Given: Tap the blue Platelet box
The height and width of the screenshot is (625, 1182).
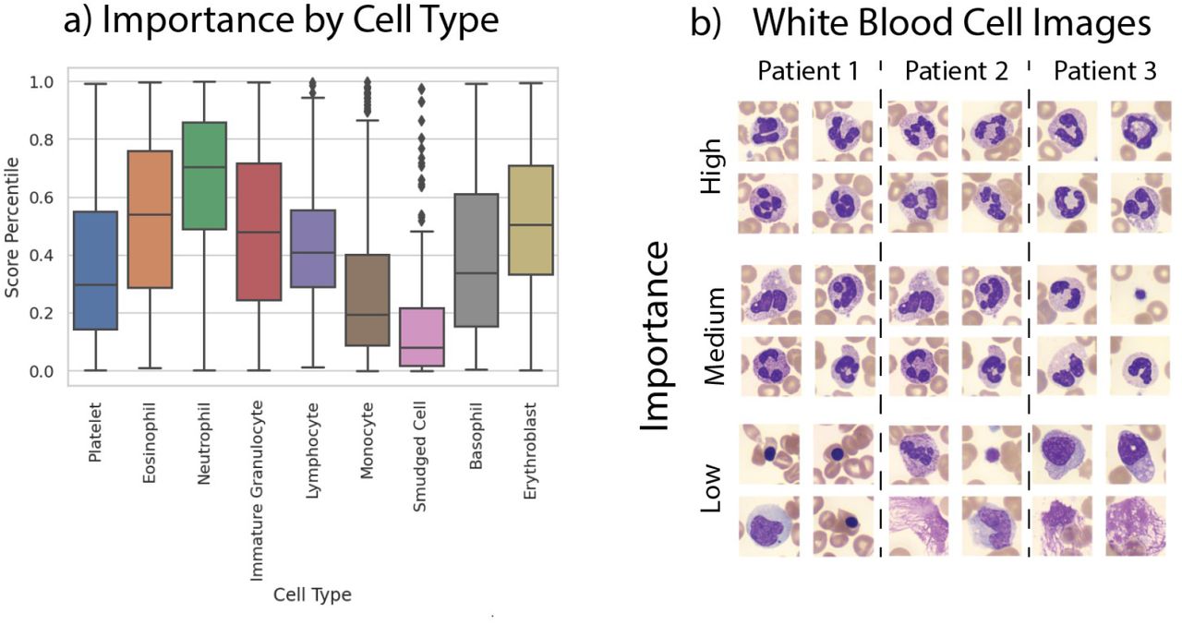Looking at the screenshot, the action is pyautogui.click(x=95, y=270).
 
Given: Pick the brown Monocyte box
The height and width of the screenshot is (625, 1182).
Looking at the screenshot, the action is pyautogui.click(x=368, y=300).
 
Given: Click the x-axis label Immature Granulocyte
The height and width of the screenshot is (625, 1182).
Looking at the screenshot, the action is pyautogui.click(x=257, y=491).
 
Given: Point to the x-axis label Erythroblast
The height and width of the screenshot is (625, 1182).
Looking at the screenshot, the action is pyautogui.click(x=530, y=451).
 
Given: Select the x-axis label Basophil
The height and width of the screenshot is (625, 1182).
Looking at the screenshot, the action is pyautogui.click(x=476, y=436).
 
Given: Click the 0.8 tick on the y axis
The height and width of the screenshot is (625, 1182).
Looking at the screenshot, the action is pyautogui.click(x=42, y=139).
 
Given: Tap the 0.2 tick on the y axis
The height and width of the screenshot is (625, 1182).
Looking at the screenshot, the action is pyautogui.click(x=42, y=313).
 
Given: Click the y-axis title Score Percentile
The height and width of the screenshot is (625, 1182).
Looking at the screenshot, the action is pyautogui.click(x=12, y=227).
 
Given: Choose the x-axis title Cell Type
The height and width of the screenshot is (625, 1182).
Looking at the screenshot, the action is pyautogui.click(x=312, y=595).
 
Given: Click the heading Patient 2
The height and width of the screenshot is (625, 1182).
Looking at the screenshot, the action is pyautogui.click(x=956, y=71).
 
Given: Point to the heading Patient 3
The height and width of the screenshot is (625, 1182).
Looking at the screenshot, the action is pyautogui.click(x=1105, y=71).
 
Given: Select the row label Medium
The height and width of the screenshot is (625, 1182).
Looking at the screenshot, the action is pyautogui.click(x=715, y=336).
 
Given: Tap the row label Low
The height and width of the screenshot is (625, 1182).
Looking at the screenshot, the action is pyautogui.click(x=711, y=487).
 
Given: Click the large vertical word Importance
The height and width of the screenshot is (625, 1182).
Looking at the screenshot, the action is pyautogui.click(x=655, y=336).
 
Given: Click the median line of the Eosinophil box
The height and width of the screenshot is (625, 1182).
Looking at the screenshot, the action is pyautogui.click(x=150, y=215).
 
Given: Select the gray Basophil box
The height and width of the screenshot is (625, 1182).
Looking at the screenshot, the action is pyautogui.click(x=476, y=260).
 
